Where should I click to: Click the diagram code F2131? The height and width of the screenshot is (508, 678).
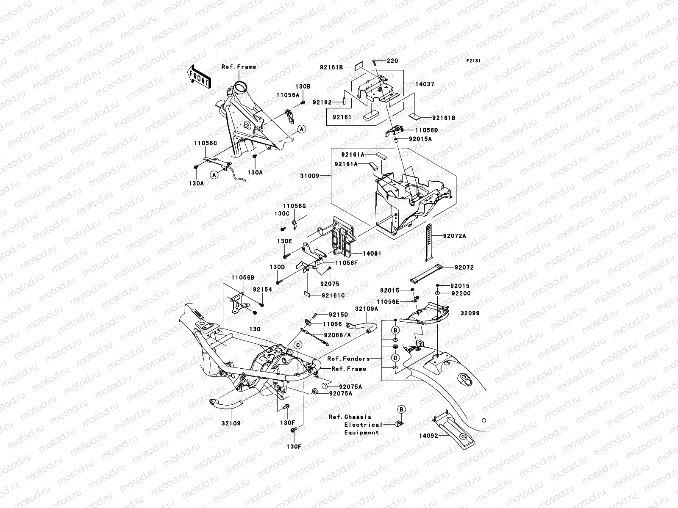(474, 61)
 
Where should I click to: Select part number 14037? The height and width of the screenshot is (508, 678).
(425, 84)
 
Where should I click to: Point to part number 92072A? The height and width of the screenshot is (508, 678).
(454, 236)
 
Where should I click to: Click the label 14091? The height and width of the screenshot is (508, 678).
(372, 254)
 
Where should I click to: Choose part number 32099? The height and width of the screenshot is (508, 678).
(470, 313)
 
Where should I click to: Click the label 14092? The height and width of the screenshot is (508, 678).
(429, 435)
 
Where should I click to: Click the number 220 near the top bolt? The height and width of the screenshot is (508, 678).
(392, 61)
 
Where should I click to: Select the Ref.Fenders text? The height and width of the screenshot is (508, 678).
(348, 359)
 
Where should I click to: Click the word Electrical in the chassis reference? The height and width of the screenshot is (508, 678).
(357, 425)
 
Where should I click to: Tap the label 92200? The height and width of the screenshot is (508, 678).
(461, 293)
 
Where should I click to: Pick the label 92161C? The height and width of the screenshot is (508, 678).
(333, 295)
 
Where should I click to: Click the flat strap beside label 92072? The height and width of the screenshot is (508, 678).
(425, 274)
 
